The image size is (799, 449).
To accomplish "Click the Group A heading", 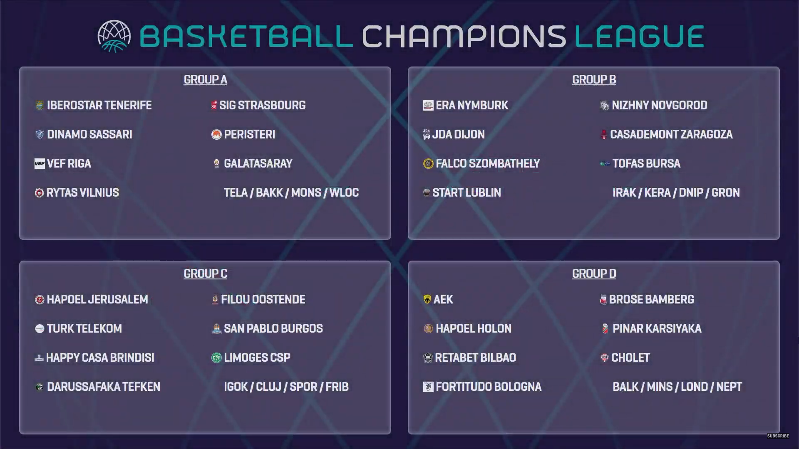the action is pos(205,79).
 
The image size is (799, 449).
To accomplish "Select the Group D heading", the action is pos(594,274).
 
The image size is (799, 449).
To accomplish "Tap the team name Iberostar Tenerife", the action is pos(99,105).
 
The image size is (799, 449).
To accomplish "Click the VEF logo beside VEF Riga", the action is pos(40,163).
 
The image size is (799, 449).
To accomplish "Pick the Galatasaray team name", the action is pos(258,163).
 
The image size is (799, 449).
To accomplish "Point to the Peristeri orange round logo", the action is pos(216,135).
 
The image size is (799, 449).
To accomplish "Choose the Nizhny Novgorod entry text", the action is pos(660,105).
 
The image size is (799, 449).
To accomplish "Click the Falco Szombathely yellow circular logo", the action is pos(428,164).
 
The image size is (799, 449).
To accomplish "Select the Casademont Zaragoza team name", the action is pos(671,134).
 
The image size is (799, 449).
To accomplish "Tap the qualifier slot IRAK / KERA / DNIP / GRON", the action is pos(676,192).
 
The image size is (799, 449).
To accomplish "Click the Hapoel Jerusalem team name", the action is pos(97,299).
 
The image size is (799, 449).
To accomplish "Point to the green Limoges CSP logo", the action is pos(216,358).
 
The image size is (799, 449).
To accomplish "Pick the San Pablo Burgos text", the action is pos(273,328).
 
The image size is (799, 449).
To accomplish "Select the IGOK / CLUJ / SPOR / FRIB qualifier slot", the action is pos(286,387).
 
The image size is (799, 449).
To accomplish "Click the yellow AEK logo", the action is pos(427,299).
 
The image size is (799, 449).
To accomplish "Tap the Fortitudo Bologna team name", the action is pos(489,387).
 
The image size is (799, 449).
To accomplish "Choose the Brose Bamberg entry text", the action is pos(652,299).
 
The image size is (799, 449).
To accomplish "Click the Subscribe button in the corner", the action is pos(778,436).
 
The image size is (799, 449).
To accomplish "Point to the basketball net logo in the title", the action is pos(114,36).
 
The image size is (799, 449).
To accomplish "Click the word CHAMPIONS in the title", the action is pos(464,36).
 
